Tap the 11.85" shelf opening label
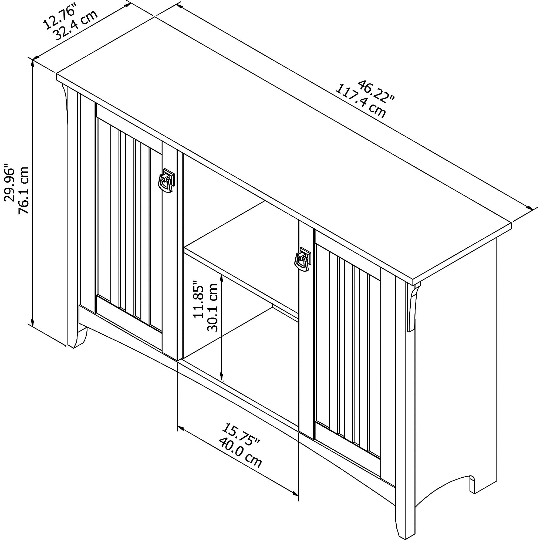pos(199,299)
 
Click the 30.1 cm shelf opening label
pos(212,308)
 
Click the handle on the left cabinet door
pos(166,181)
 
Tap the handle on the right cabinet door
pos(302,259)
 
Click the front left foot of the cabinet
pos(77,340)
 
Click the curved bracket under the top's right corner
pos(412,308)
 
